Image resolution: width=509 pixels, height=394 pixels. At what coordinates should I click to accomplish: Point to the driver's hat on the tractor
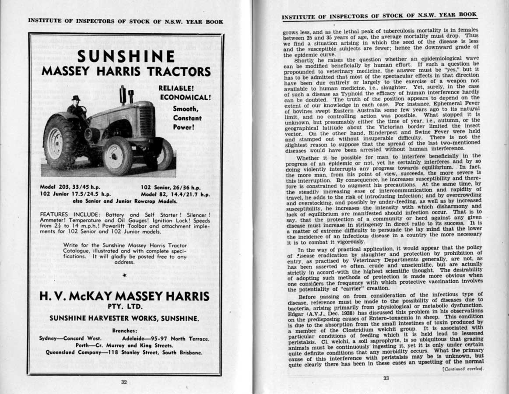click(76, 98)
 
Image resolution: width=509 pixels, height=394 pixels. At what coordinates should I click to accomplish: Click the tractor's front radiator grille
click(147, 121)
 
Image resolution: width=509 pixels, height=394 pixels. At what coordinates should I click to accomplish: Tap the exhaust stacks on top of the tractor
click(126, 95)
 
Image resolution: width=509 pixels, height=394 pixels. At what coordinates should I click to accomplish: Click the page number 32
click(124, 382)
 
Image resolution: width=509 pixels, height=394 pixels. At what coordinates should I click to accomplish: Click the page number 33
click(386, 378)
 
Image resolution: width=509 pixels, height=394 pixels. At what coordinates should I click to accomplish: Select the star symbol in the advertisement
click(125, 275)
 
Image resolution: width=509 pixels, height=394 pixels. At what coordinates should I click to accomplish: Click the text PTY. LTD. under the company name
click(125, 306)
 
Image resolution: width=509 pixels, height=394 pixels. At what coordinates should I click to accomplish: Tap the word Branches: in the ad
click(124, 331)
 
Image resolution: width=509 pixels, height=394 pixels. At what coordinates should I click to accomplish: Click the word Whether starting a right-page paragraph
click(311, 158)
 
